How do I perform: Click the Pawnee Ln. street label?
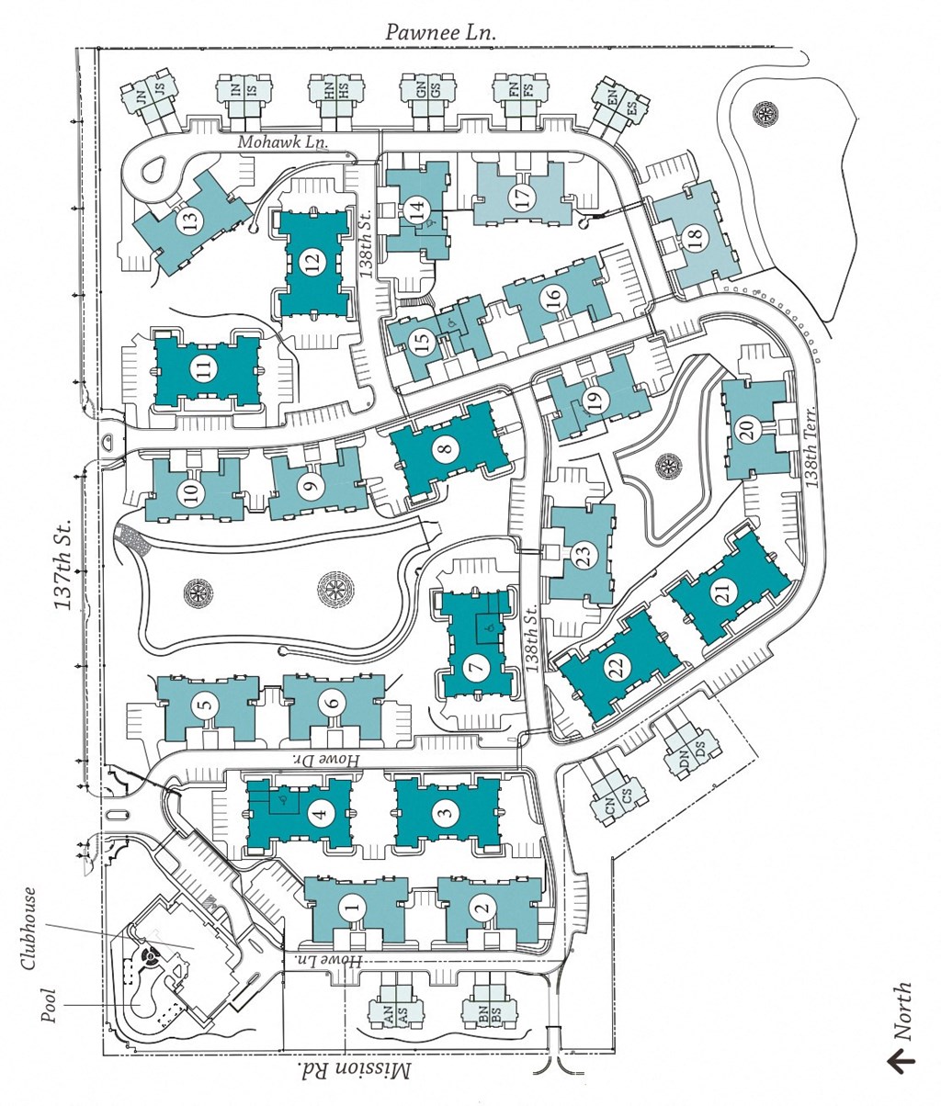(x=440, y=31)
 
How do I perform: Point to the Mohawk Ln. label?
(x=283, y=142)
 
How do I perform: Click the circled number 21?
(x=727, y=593)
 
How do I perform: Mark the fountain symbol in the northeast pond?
(x=765, y=115)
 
